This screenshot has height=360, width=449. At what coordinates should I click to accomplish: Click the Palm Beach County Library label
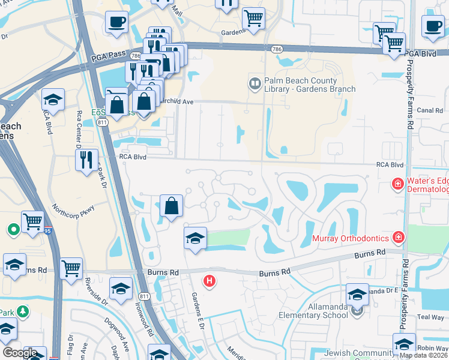[x=310, y=85]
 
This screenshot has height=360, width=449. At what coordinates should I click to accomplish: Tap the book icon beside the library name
[x=255, y=82]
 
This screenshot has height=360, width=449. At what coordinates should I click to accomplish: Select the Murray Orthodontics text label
[x=351, y=238]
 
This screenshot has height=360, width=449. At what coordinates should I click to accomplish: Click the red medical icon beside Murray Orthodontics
[x=398, y=238]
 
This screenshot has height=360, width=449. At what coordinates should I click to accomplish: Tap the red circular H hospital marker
[x=209, y=280]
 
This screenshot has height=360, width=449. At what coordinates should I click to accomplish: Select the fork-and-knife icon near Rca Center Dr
[x=86, y=160]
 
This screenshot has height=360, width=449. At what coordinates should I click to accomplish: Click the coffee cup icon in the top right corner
[x=432, y=26]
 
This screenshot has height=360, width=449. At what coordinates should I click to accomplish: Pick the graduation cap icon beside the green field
[x=195, y=238]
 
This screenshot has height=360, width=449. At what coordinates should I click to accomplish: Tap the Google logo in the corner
[x=20, y=353]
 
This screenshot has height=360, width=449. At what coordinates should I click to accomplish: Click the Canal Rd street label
[x=430, y=110]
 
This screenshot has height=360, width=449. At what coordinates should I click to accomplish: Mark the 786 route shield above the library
[x=276, y=49]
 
